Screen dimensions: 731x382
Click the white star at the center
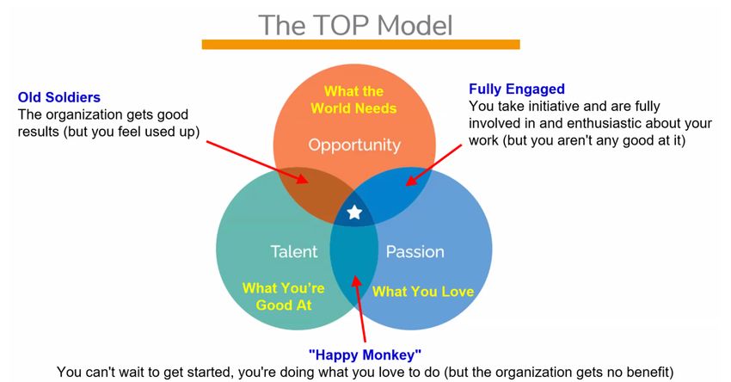tap(355, 213)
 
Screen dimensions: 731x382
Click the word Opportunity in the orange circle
tap(354, 145)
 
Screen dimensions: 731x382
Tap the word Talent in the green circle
tap(294, 251)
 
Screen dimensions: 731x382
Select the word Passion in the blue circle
tap(415, 252)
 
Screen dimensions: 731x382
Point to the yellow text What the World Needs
tap(353, 99)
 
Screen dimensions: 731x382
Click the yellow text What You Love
tap(423, 292)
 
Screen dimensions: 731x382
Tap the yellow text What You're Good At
tap(284, 296)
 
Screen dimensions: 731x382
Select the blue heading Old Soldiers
tap(59, 97)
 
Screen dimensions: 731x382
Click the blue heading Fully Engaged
tap(517, 89)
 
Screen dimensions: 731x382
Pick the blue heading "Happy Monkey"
tap(365, 354)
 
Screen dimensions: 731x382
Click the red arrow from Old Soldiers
tap(257, 162)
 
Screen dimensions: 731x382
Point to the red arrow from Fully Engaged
tap(433, 165)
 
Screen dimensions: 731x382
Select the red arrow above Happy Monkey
tap(359, 309)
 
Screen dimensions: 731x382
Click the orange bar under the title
tap(361, 45)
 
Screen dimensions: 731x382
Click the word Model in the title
tap(415, 25)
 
